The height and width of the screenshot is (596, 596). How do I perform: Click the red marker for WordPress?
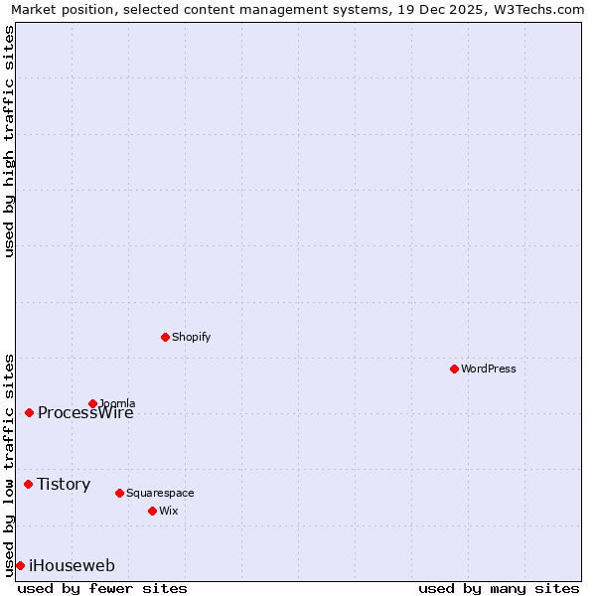pos(454,369)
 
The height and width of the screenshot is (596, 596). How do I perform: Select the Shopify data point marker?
pos(165,337)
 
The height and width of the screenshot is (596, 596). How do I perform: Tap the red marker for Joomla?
pos(92,403)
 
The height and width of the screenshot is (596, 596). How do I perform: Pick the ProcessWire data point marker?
pos(29,412)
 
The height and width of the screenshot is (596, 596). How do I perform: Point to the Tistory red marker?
pos(28,484)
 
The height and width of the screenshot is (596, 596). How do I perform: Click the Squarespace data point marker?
pos(119,493)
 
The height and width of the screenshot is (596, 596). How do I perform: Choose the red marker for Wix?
pos(152,511)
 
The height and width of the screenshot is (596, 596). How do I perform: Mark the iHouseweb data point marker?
pos(20,565)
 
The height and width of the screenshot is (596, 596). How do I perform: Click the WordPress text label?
pos(489,369)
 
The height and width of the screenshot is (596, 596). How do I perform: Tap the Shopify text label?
pos(192,337)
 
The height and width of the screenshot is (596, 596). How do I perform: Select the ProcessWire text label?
pos(85,413)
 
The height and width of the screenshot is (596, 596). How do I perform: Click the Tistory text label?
pos(64,485)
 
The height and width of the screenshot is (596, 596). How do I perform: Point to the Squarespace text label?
pos(160,493)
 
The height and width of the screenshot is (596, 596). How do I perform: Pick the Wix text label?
pos(168,511)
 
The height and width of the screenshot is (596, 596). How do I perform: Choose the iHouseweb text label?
pos(72,566)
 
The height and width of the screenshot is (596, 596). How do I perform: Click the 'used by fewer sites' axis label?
pos(102,588)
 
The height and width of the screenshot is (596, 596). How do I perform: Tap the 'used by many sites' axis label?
pos(499,588)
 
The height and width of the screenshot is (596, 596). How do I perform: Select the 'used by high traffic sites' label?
pos(9,141)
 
